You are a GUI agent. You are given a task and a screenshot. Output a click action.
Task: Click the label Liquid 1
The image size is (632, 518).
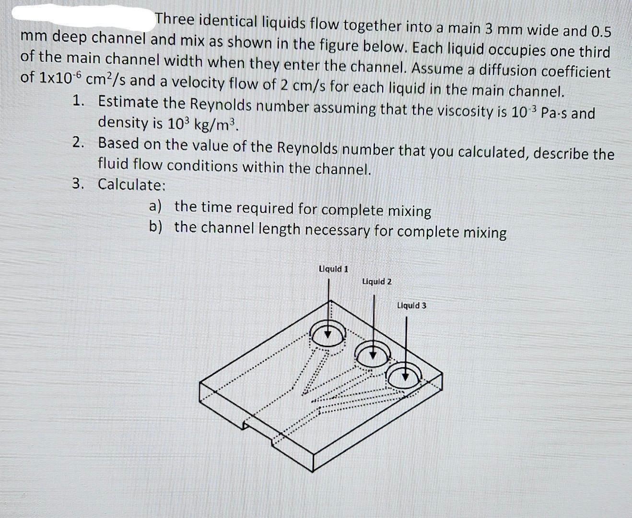(334, 269)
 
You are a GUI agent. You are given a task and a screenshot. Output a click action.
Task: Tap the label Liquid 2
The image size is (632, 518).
(376, 281)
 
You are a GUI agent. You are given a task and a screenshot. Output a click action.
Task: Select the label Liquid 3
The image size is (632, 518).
(411, 305)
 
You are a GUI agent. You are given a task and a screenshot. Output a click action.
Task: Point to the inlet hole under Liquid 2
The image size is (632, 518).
(374, 354)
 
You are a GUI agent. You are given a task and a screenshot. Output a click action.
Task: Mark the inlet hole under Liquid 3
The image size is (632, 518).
(406, 376)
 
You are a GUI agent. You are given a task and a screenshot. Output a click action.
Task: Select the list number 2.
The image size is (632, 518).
(79, 142)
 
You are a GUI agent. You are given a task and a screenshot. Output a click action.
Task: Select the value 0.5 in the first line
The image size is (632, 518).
(601, 32)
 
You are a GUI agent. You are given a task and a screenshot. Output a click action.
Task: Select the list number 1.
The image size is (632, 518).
(79, 101)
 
